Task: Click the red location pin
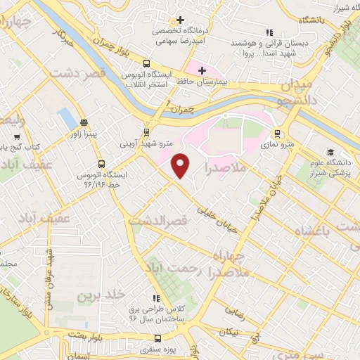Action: point(181,165)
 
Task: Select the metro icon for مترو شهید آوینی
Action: point(146,131)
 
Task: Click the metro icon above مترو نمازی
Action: point(278,132)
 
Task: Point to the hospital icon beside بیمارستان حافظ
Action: point(202,70)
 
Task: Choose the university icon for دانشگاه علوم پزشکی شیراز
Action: point(330,153)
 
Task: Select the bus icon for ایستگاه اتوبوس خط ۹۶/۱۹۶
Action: point(103,164)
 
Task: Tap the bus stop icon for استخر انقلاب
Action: point(146,63)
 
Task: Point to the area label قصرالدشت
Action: point(159,221)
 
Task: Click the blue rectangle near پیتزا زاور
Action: point(65,119)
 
